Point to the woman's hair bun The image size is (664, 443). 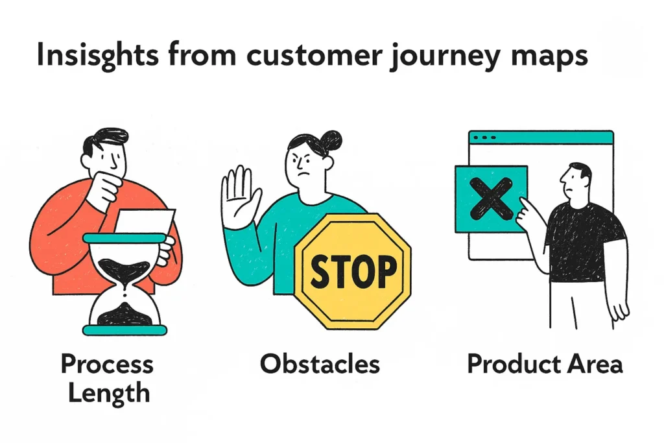pyautogui.click(x=331, y=139)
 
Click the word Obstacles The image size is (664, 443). pyautogui.click(x=320, y=364)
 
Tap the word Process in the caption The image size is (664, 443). pyautogui.click(x=108, y=365)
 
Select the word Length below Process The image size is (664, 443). pyautogui.click(x=108, y=393)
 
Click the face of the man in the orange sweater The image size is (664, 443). pyautogui.click(x=110, y=156)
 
